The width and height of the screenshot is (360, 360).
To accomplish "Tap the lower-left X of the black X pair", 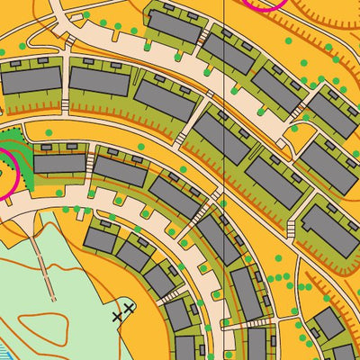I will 118,317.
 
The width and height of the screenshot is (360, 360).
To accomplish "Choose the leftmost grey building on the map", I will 31,81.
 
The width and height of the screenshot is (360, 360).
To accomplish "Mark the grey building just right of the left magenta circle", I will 59,164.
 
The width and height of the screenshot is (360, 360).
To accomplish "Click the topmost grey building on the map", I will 173,25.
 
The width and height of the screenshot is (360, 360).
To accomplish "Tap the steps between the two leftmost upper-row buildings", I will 65,85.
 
